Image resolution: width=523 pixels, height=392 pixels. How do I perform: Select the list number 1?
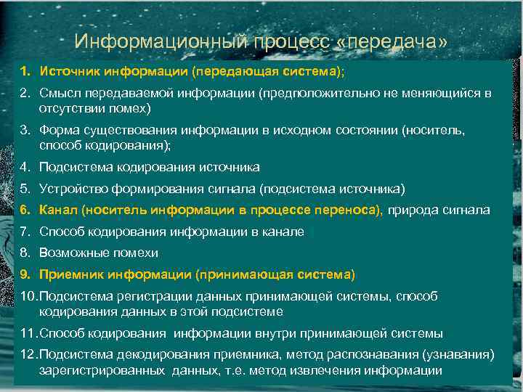pos(25,73)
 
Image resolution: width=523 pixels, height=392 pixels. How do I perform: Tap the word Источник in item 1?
pos(70,73)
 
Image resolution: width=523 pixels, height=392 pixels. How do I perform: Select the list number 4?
pos(25,167)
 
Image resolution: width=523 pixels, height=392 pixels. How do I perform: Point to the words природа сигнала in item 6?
pos(439,211)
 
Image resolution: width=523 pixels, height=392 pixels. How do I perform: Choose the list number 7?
pos(25,232)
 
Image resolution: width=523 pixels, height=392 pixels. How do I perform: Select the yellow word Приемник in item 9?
pos(71,275)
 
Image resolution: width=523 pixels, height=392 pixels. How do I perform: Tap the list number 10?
pos(28,297)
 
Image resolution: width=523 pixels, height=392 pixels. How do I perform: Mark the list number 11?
pos(28,333)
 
